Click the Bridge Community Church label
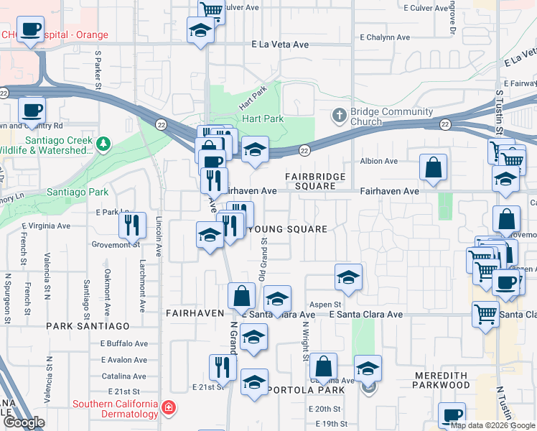[x=391, y=116]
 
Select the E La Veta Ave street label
[x=280, y=45]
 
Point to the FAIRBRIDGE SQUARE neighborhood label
[x=315, y=181]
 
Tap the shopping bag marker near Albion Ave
[x=433, y=168]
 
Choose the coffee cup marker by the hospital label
[x=31, y=29]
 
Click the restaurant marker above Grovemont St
[x=133, y=225]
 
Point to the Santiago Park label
[x=78, y=192]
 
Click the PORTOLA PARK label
[x=304, y=390]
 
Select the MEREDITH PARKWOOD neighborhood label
[x=441, y=379]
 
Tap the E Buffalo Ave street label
[x=123, y=344]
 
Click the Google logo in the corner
[x=24, y=422]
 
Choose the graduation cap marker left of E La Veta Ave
[x=200, y=30]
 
